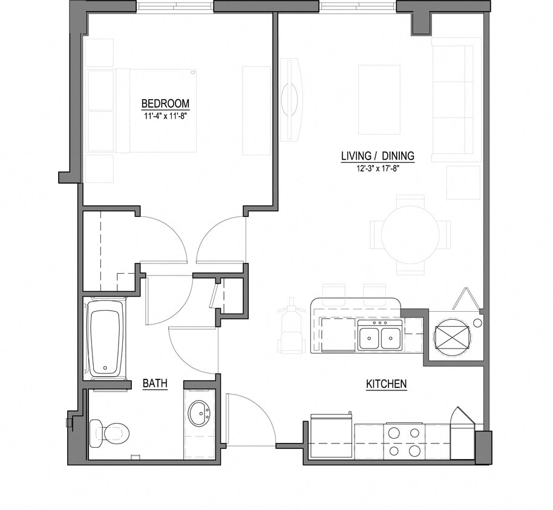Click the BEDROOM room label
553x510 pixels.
point(165,103)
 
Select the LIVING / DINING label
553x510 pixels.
point(378,156)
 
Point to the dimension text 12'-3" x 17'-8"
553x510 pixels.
point(378,169)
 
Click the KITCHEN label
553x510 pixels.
point(386,384)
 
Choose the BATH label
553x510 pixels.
point(154,384)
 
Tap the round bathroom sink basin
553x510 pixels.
point(199,414)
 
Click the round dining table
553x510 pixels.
point(410,234)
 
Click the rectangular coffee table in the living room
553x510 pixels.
point(379,100)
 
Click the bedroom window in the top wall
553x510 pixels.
point(175,7)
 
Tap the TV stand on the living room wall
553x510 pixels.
point(291,99)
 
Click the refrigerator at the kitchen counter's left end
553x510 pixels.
point(331,437)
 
